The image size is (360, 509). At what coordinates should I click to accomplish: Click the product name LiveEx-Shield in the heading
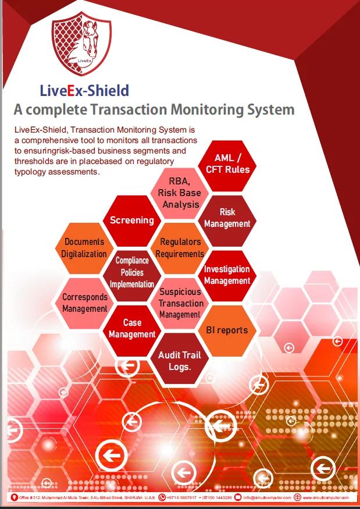point(84,90)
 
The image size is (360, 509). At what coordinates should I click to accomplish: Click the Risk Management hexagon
point(227,218)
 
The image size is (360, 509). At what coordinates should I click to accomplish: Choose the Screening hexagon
point(132,220)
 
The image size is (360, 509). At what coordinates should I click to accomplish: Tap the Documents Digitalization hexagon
point(84,248)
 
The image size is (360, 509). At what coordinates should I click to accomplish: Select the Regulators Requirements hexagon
point(181,247)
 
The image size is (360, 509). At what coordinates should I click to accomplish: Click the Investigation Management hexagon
point(227,275)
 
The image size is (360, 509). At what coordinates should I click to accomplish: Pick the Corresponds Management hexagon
point(84,302)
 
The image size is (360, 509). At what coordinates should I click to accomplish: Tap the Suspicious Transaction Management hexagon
point(180,302)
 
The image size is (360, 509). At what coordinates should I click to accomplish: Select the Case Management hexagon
point(132,329)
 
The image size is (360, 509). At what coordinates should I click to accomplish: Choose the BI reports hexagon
point(227,330)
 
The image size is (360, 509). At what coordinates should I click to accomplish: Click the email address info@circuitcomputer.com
point(267,498)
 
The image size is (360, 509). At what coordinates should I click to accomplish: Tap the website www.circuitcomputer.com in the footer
point(325,498)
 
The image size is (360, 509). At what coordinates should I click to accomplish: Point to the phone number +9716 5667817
point(182,498)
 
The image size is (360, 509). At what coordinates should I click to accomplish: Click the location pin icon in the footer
point(14,498)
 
